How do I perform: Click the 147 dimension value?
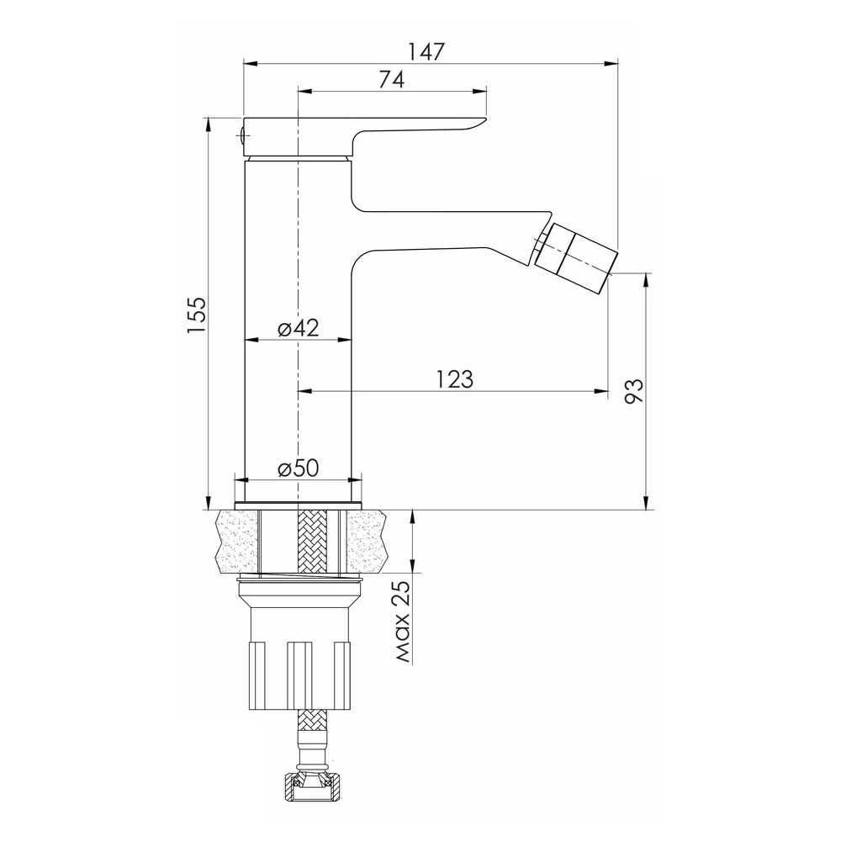point(426,51)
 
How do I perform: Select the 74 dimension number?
point(392,79)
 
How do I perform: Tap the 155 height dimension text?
point(196,315)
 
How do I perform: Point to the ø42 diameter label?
point(299,328)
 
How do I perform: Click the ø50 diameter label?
point(299,468)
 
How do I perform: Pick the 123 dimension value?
point(454,379)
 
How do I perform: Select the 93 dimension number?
point(633,391)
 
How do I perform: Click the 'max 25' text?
point(402,622)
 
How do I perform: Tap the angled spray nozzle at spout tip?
point(577,250)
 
